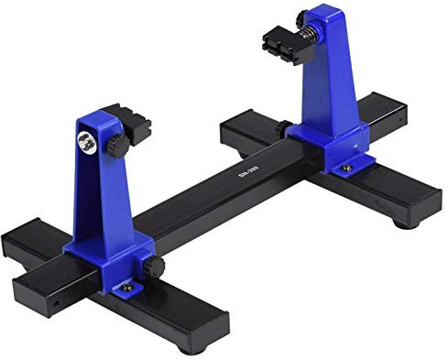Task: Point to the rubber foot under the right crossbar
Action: coord(404,220)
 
